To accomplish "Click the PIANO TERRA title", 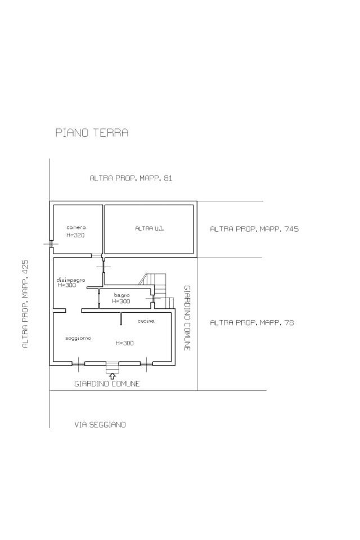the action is (x=92, y=133).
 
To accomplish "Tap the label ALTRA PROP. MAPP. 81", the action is (x=131, y=178).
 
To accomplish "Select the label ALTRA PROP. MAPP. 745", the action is (x=254, y=229).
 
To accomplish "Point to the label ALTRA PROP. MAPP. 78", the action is (x=252, y=323).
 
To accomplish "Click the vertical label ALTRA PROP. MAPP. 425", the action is (x=25, y=304).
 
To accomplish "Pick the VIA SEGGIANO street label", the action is (x=100, y=425).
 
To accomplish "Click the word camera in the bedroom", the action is (x=76, y=227).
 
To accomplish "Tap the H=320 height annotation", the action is (x=75, y=235).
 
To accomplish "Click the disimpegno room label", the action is (x=71, y=280).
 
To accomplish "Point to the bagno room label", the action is (x=122, y=295).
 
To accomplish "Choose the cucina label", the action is (x=146, y=321).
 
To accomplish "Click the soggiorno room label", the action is (x=78, y=338).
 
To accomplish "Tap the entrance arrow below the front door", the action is (x=112, y=376).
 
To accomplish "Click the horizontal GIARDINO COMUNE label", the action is (x=107, y=384).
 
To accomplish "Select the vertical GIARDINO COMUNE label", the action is (x=187, y=318).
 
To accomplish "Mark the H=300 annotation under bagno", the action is (x=121, y=301).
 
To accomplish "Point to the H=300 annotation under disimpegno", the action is (x=67, y=285).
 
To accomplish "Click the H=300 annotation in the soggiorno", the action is (x=124, y=343).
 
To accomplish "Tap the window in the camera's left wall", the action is (x=51, y=244).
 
